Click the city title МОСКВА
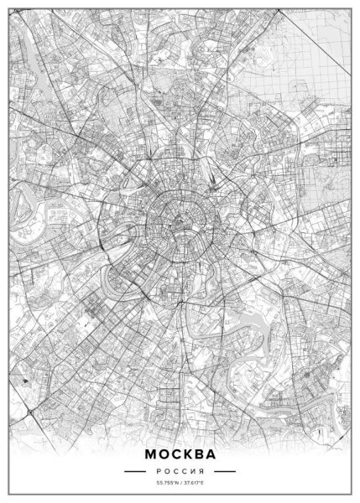pos(180,454)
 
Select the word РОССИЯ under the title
pos(180,473)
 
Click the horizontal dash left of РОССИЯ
pos(137,473)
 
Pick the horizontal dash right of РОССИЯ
pos(222,473)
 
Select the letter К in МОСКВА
pos(186,454)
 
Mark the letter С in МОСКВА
pos(175,454)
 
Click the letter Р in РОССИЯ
pos(157,473)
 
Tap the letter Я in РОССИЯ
pos(202,473)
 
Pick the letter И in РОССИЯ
pos(193,473)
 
